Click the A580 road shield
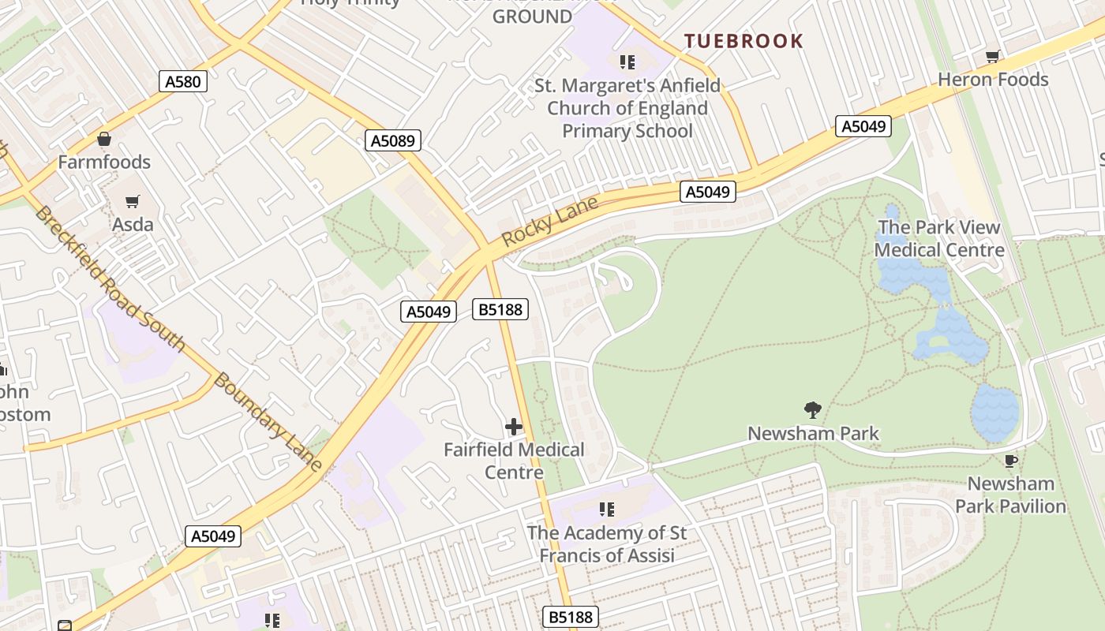click(x=182, y=81)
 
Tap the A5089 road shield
click(x=394, y=141)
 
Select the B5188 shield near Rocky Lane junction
click(x=501, y=309)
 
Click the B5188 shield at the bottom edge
click(x=571, y=616)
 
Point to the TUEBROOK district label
click(x=744, y=41)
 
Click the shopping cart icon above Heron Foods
click(x=992, y=57)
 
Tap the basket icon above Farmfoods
click(x=103, y=140)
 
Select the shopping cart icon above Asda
click(x=132, y=202)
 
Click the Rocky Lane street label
click(x=549, y=222)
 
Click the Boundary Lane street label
click(x=268, y=422)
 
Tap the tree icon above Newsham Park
click(x=812, y=409)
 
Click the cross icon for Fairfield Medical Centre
click(x=514, y=428)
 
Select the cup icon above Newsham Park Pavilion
click(x=1010, y=461)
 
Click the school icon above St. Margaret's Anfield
click(x=627, y=62)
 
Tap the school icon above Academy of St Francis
click(x=606, y=510)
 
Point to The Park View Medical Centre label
click(x=939, y=239)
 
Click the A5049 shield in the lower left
click(x=214, y=536)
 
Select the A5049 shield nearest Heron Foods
click(x=863, y=126)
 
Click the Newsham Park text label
click(x=813, y=434)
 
